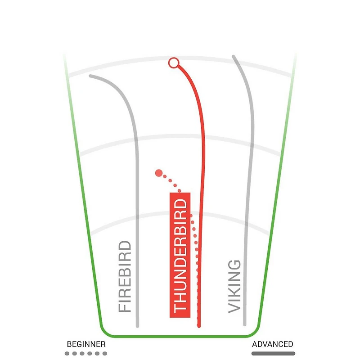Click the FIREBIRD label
[125, 276]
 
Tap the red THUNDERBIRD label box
[180, 255]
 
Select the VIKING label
[234, 287]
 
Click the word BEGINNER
[86, 344]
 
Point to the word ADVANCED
[273, 344]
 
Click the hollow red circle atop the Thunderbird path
[174, 63]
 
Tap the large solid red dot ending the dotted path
[159, 173]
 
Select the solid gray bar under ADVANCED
[273, 354]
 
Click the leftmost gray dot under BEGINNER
[67, 354]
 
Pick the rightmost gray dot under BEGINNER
[105, 354]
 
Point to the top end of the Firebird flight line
[90, 76]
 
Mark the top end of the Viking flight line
[233, 56]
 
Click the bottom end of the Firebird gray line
[138, 326]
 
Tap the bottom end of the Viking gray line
[245, 324]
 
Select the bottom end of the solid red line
[199, 326]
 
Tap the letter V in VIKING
[234, 308]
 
